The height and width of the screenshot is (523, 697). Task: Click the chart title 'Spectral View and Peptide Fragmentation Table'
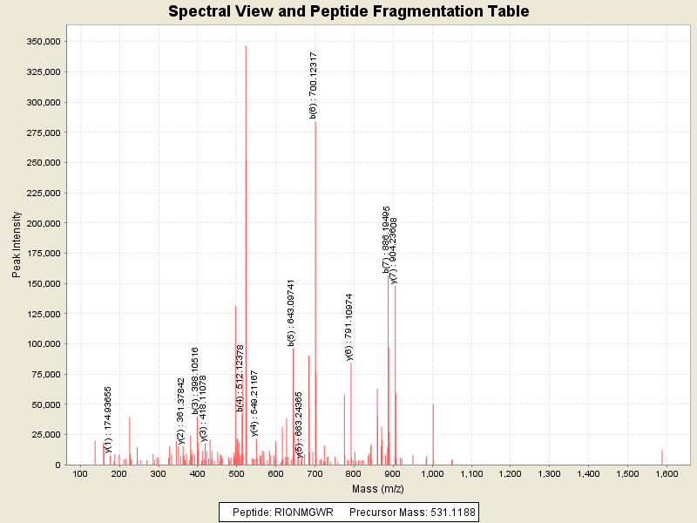348,11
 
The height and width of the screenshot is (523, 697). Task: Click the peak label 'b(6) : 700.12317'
314,84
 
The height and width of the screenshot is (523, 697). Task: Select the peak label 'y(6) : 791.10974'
349,326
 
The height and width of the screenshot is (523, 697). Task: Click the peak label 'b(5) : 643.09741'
292,313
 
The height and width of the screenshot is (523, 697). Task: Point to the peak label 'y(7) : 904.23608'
394,250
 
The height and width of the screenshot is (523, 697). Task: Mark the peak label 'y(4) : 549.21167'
254,402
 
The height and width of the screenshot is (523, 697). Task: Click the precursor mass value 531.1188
444,512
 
